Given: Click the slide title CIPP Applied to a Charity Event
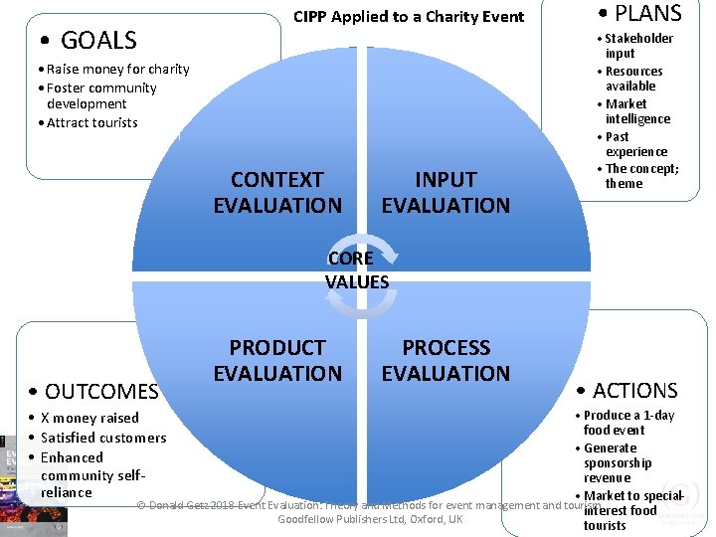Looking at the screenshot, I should click(408, 16).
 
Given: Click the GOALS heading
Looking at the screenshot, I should click(89, 41).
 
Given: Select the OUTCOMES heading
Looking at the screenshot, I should click(94, 391).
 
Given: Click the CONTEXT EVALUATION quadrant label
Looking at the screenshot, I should click(277, 193).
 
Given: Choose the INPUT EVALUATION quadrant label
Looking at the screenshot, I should click(446, 193).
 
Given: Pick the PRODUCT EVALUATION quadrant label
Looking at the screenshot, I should click(277, 360).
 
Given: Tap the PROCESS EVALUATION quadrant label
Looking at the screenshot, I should click(446, 360).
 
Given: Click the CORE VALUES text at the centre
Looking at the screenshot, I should click(356, 269).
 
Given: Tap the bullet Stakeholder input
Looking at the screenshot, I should click(638, 46).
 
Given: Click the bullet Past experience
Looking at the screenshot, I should click(636, 144).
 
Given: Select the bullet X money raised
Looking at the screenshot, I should click(89, 418).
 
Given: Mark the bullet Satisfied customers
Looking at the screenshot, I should click(103, 438).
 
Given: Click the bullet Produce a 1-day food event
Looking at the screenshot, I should click(628, 423).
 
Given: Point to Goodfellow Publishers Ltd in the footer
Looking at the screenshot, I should click(370, 520).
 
